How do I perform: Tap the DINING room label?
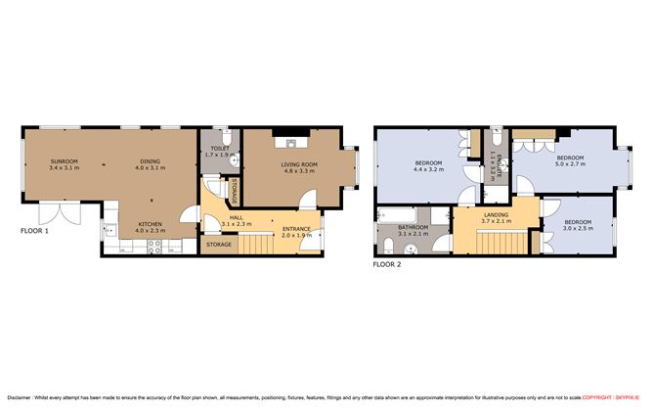150,161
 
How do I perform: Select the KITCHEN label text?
150,223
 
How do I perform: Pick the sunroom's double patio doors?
48,214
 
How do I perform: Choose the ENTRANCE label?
296,229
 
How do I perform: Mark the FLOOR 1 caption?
38,232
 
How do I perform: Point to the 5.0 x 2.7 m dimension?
570,164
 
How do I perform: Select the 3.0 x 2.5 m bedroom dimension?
578,227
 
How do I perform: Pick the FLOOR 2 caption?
389,264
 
